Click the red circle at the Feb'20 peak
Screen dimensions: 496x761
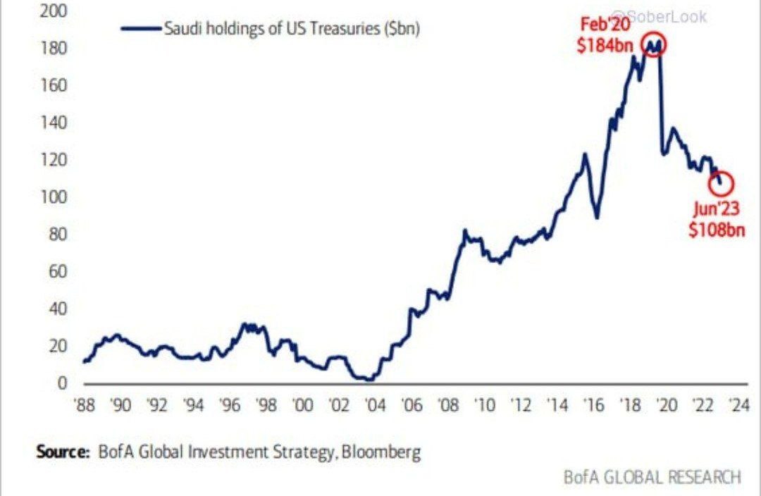pyautogui.click(x=654, y=44)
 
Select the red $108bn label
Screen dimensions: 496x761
pyautogui.click(x=717, y=228)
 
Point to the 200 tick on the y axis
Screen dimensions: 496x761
pyautogui.click(x=57, y=12)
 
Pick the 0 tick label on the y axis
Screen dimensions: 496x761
pyautogui.click(x=63, y=383)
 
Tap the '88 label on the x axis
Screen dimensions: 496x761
pyautogui.click(x=85, y=407)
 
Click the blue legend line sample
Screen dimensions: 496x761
pyautogui.click(x=141, y=29)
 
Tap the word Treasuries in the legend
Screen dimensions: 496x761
pyautogui.click(x=348, y=29)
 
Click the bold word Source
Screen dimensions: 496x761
pyautogui.click(x=63, y=451)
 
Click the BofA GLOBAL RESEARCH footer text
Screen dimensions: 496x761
pyautogui.click(x=652, y=477)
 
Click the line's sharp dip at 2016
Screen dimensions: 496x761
pyautogui.click(x=597, y=217)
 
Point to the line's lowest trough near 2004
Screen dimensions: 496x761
pyautogui.click(x=369, y=380)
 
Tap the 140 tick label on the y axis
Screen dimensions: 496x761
pyautogui.click(x=57, y=123)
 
